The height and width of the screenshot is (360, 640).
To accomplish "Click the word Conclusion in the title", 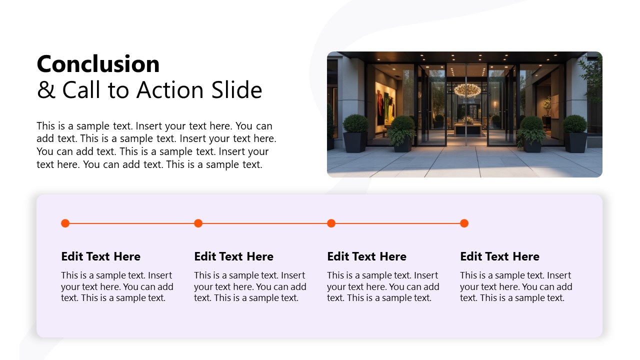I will pyautogui.click(x=98, y=64).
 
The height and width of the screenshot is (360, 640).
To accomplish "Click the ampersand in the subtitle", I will pyautogui.click(x=46, y=90).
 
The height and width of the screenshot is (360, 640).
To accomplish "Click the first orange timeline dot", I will pyautogui.click(x=65, y=223).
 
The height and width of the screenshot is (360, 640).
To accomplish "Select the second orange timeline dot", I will pyautogui.click(x=198, y=223).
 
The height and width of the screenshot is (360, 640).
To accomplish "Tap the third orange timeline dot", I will pyautogui.click(x=331, y=223).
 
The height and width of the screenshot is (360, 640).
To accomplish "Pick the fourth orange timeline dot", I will pyautogui.click(x=464, y=223).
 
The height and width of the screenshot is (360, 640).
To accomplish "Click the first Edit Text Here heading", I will pyautogui.click(x=100, y=256).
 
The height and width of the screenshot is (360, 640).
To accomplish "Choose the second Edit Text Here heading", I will pyautogui.click(x=233, y=256).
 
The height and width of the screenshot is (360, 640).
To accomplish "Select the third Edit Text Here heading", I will pyautogui.click(x=366, y=256).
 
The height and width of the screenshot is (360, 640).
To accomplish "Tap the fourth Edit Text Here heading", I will pyautogui.click(x=499, y=256).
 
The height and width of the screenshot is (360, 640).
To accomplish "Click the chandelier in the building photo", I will pyautogui.click(x=467, y=90).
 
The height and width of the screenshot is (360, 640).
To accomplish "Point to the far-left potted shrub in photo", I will pyautogui.click(x=355, y=132).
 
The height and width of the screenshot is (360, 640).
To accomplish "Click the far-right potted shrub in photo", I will pyautogui.click(x=575, y=132).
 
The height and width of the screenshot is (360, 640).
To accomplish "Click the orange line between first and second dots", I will pyautogui.click(x=131, y=223).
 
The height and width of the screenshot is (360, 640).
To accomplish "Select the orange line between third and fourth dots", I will pyautogui.click(x=397, y=223).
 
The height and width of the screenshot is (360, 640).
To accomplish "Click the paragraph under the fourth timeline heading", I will pyautogui.click(x=516, y=286).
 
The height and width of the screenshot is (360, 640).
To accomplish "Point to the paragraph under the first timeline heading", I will pyautogui.click(x=117, y=286).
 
